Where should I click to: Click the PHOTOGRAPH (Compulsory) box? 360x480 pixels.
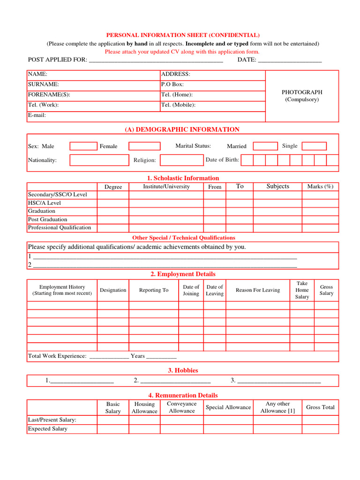pos(302,96)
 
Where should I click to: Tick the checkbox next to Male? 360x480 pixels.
pos(83,146)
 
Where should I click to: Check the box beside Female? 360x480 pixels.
pos(144,146)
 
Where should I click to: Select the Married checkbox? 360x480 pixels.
pos(265,146)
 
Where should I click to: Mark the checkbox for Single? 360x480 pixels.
pos(314,146)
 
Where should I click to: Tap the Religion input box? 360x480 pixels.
pos(181,160)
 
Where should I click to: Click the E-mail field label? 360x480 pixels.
pos(37,115)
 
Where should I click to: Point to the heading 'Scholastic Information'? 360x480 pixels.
pos(183,178)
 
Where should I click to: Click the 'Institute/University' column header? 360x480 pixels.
pos(166,187)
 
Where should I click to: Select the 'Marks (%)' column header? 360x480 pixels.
pos(320,187)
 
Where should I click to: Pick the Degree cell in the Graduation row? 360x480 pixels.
pos(113,211)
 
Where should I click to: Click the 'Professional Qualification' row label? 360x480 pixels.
pos(60,228)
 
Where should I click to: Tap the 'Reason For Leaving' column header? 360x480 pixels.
pos(258,290)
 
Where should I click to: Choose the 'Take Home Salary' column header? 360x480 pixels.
pos(302,290)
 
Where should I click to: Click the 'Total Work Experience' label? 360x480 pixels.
pos(57,356)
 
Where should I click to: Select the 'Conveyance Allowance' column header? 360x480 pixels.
pos(181,407)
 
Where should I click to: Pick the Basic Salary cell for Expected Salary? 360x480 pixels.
pos(113,429)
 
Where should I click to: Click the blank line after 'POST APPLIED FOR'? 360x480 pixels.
pos(156,60)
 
